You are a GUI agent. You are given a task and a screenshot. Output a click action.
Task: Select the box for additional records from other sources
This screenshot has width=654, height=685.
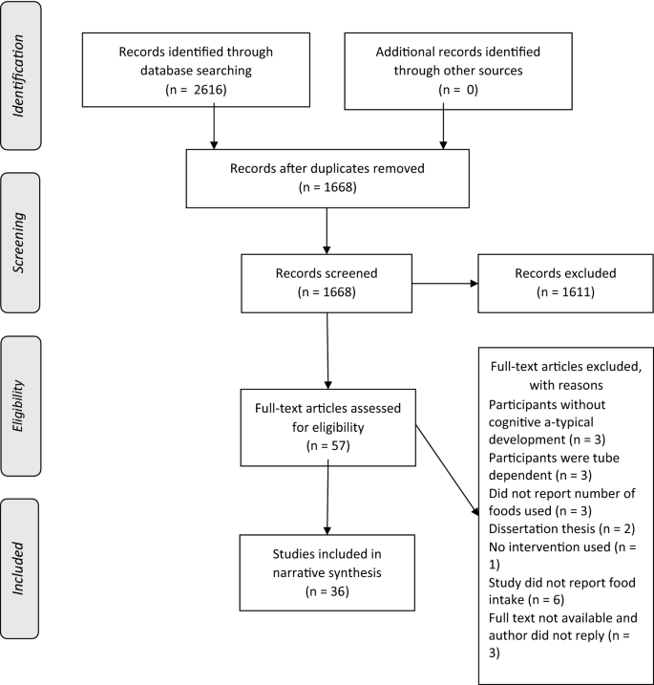pos(443,64)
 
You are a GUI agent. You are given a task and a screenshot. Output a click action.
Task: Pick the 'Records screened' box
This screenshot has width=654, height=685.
pos(327,282)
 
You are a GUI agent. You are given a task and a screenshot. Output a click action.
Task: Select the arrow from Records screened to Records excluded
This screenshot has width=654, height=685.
pos(444,283)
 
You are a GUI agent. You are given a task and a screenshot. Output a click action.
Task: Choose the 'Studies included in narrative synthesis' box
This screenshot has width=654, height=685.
pos(327,572)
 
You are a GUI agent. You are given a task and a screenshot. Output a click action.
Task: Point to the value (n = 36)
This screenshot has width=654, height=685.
pos(327,591)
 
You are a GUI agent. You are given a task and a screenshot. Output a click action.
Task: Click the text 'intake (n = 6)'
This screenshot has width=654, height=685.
pos(521,602)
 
